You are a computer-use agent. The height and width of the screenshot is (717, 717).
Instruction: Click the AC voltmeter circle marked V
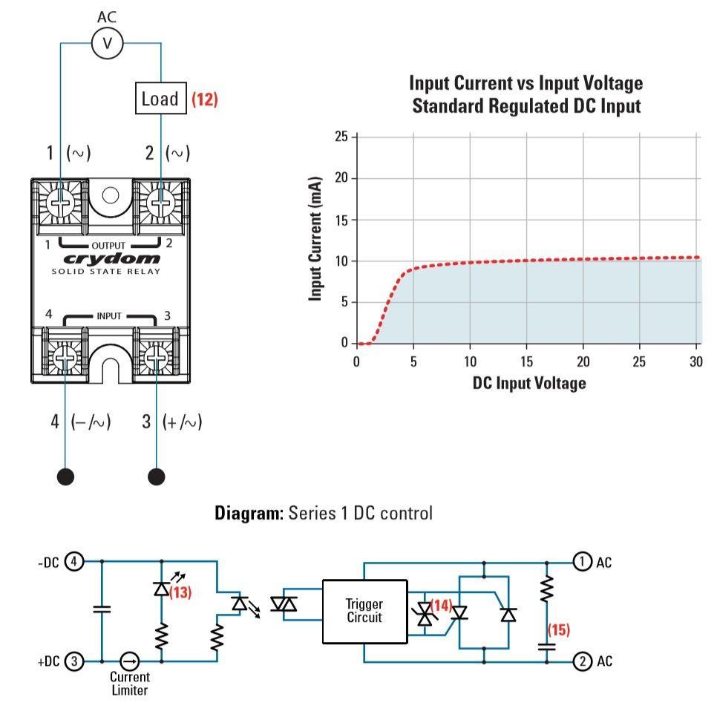[108, 44]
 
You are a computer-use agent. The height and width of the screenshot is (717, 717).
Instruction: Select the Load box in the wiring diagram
[161, 98]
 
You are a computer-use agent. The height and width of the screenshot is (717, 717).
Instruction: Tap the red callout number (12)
[204, 99]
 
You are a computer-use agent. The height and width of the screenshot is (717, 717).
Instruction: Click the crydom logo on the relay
[111, 259]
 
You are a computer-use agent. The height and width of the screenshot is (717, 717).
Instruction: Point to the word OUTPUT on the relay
[108, 246]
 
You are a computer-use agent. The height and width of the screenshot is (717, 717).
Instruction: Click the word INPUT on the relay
[109, 316]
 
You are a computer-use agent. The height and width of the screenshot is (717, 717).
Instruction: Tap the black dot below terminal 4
[65, 477]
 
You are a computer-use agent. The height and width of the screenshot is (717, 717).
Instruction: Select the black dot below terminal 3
[157, 477]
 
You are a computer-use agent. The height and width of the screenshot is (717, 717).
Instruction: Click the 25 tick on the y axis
[341, 137]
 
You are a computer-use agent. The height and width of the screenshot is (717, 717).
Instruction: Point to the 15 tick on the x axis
[526, 361]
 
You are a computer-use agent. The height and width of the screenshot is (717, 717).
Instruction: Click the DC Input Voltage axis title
[529, 383]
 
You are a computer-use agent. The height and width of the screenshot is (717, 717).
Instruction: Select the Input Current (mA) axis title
[315, 238]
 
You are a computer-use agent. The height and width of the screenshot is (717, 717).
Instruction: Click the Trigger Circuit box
[365, 612]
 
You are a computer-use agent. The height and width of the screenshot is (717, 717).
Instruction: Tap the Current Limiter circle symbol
[129, 661]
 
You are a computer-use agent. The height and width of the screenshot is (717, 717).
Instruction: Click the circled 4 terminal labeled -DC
[74, 561]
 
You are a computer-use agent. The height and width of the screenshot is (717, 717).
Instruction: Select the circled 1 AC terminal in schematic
[582, 562]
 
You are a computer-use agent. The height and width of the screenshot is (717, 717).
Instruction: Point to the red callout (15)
[559, 629]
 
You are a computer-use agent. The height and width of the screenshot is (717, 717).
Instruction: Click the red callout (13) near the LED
[180, 592]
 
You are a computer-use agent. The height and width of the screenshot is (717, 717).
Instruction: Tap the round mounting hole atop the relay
[111, 195]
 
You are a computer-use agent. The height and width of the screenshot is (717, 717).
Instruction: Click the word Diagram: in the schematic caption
[249, 513]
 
